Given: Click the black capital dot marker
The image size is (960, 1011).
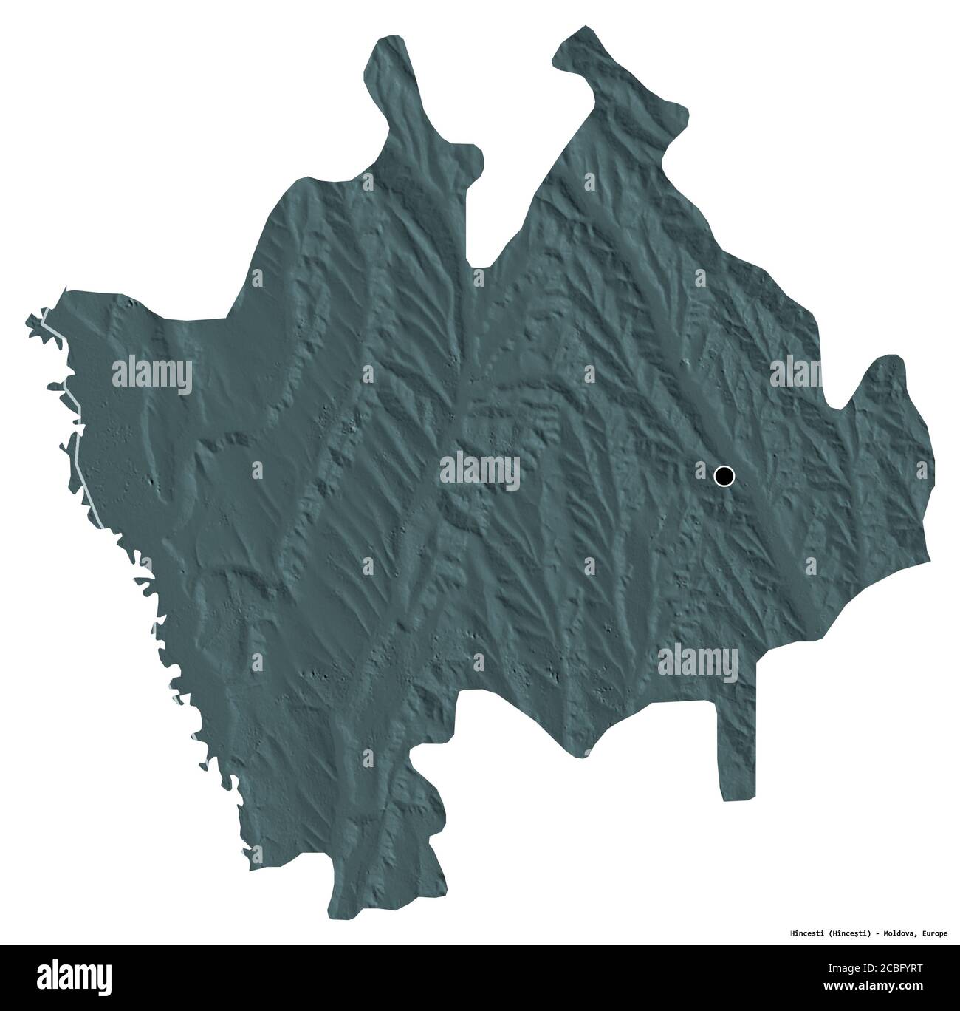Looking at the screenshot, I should pyautogui.click(x=724, y=476).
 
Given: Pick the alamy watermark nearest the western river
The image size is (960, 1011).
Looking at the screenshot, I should pyautogui.click(x=153, y=375).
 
